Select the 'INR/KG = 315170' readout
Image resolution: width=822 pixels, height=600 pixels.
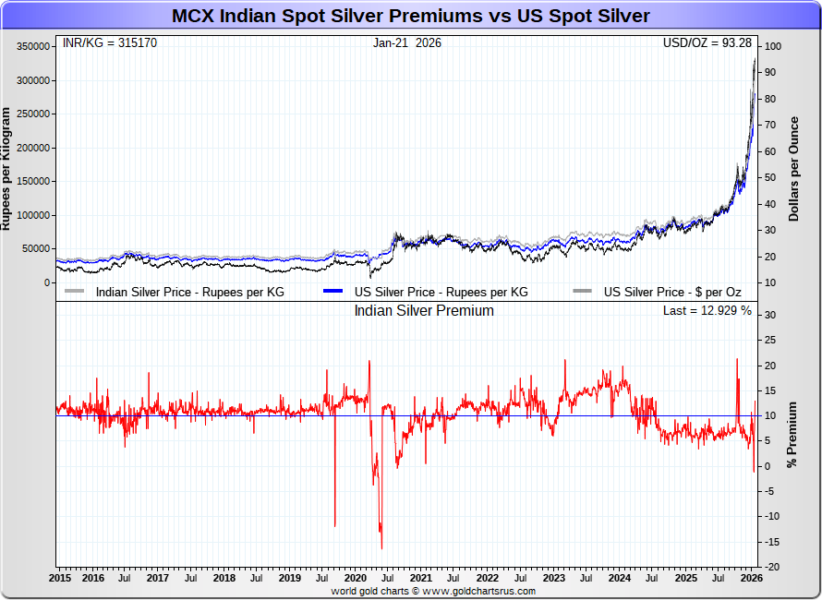click(109, 43)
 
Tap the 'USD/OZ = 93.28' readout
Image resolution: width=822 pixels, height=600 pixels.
click(707, 43)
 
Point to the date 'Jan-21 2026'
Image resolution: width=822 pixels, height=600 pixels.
click(407, 43)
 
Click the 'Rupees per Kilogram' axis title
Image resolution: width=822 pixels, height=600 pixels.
click(6, 169)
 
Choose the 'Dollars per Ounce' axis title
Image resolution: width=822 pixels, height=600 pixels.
click(792, 169)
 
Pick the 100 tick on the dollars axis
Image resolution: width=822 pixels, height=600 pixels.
click(773, 47)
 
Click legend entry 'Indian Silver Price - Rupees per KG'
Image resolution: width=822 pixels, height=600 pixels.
click(189, 292)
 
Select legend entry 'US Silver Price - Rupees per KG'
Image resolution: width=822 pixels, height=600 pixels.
click(441, 292)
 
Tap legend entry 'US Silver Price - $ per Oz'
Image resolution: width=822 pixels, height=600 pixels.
click(672, 292)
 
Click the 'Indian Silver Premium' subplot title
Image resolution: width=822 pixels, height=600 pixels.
click(424, 311)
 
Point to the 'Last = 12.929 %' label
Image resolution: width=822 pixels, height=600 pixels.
click(707, 311)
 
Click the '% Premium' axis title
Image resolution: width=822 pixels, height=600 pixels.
click(792, 435)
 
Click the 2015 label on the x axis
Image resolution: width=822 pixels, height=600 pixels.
click(60, 579)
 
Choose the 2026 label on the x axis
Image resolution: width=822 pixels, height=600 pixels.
click(751, 579)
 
